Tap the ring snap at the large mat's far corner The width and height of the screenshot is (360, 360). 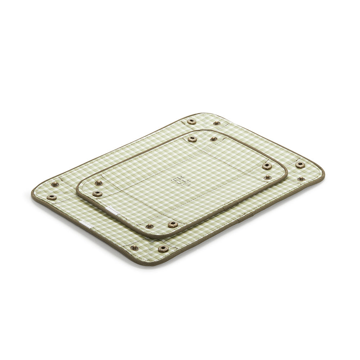[x=192, y=121]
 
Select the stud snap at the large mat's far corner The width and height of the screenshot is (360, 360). [x=217, y=123]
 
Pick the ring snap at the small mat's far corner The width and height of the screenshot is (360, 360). [x=193, y=139]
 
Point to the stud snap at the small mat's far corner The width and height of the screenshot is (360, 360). [x=213, y=139]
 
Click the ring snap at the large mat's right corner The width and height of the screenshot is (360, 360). [x=300, y=165]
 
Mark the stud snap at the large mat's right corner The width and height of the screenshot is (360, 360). [x=300, y=179]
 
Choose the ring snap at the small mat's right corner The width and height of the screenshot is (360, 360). [x=267, y=166]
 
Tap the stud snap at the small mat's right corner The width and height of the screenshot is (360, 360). [x=267, y=177]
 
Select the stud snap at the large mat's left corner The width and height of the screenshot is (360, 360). [x=55, y=184]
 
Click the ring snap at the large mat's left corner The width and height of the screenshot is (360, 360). [x=52, y=197]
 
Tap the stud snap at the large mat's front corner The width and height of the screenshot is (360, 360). [x=134, y=248]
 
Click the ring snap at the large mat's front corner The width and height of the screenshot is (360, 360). [x=163, y=248]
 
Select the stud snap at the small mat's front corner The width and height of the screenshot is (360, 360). [x=149, y=226]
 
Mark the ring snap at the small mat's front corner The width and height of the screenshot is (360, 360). [x=173, y=224]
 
